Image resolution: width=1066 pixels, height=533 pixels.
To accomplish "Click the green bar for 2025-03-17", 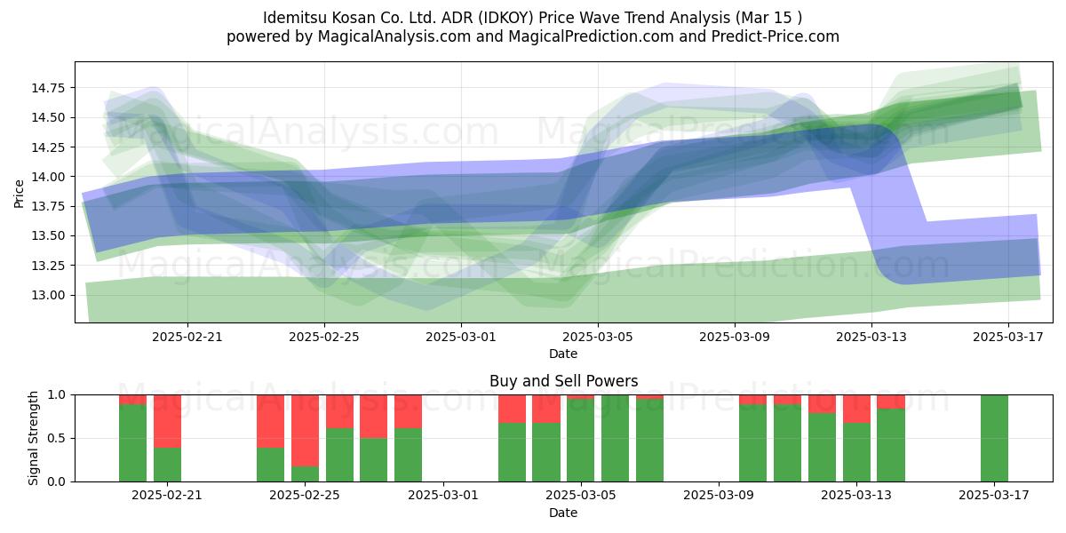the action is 994,438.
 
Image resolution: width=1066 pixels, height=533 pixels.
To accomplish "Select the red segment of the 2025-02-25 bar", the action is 305,431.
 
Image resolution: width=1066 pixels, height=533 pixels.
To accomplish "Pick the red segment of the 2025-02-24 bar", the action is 270,421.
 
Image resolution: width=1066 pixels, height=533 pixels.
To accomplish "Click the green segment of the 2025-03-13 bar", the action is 856,452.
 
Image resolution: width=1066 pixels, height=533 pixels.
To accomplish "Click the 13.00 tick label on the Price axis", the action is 48,295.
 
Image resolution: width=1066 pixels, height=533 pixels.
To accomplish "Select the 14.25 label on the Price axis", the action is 48,147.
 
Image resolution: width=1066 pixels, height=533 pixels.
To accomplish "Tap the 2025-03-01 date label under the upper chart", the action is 461,337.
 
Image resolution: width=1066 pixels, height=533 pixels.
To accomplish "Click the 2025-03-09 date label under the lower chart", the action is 719,495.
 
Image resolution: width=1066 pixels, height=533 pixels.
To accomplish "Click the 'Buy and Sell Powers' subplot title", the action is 563,381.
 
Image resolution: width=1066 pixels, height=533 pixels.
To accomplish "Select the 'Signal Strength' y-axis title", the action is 33,438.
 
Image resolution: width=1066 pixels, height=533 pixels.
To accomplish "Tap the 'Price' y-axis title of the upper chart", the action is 19,194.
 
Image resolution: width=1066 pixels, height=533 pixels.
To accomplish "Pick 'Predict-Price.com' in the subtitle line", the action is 776,36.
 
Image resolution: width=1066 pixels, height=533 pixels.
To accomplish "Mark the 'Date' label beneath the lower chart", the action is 563,513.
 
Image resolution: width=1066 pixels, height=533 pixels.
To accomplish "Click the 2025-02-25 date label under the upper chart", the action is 324,337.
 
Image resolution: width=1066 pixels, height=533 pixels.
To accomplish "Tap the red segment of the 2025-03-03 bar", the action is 512,409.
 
